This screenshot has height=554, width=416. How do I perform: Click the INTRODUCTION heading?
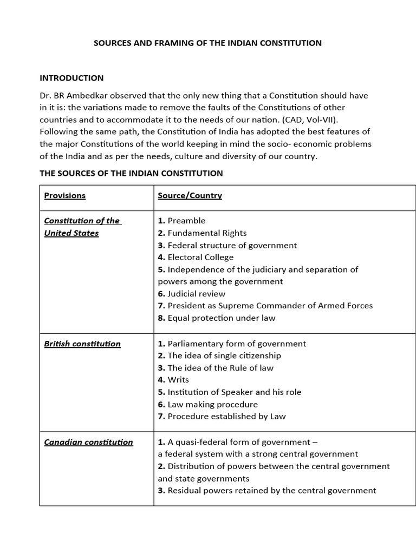pos(71,78)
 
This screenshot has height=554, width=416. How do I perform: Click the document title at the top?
pos(207,43)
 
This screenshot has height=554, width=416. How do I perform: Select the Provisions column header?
pos(64,195)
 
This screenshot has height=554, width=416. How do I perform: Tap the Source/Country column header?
pos(190,195)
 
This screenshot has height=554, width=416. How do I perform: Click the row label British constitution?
pos(82,344)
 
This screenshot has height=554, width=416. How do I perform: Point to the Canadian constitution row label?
pos(88,442)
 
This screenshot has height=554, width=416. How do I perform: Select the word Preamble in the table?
pos(186,221)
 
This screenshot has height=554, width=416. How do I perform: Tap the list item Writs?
pos(178,380)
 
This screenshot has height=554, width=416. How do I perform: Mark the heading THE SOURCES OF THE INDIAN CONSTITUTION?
pos(131,173)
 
